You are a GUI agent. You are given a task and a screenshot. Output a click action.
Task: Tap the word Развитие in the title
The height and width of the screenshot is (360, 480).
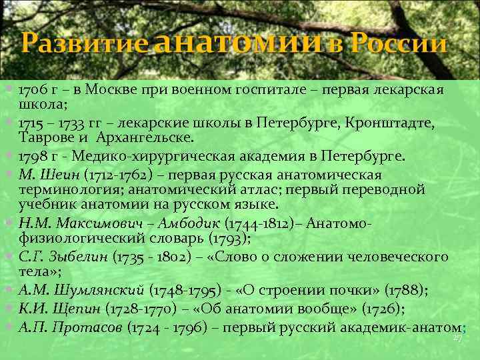[x=85, y=45]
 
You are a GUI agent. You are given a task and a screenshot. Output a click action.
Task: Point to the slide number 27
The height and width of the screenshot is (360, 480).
[x=457, y=339]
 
